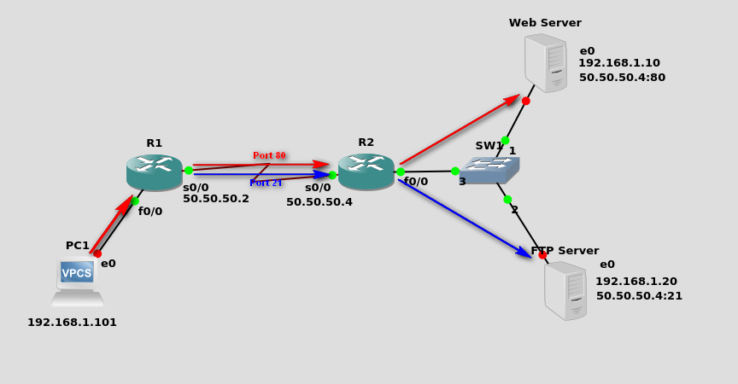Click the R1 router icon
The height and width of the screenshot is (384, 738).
click(154, 172)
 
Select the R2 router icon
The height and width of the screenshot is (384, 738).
click(366, 171)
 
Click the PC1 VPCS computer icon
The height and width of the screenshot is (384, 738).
click(77, 282)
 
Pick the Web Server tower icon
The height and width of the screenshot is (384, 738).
click(546, 63)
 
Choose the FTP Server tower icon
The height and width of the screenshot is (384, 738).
click(565, 290)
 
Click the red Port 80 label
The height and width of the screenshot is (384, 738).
click(269, 155)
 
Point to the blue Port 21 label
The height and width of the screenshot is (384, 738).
click(266, 183)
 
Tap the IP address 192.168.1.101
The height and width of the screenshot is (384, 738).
click(72, 323)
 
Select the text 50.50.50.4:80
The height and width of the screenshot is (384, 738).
click(622, 78)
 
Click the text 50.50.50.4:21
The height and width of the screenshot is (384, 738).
click(639, 296)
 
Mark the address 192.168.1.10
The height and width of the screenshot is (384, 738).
click(618, 63)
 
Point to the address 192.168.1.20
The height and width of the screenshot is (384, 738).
click(635, 282)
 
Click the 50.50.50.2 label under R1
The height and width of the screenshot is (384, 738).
click(216, 199)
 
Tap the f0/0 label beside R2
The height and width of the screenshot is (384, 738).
click(416, 182)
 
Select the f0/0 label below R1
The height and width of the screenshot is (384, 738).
click(150, 212)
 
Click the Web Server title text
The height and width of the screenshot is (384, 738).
click(545, 23)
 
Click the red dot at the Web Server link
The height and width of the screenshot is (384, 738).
click(526, 101)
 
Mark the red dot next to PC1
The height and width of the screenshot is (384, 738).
click(97, 253)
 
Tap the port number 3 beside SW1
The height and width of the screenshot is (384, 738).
click(462, 182)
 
